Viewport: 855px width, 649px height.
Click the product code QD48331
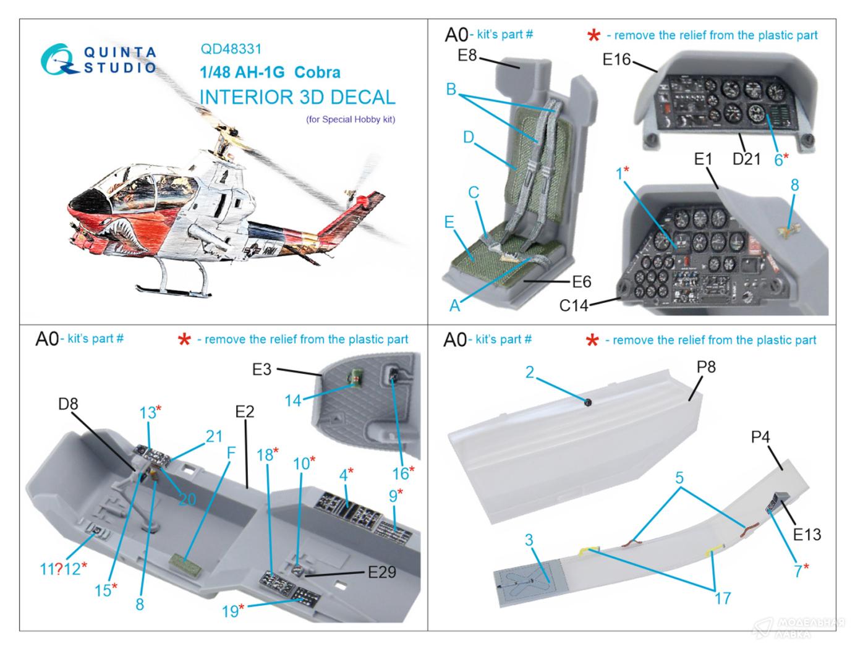[231, 49]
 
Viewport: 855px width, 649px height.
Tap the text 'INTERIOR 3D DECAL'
[297, 98]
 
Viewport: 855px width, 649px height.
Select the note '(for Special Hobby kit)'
[350, 119]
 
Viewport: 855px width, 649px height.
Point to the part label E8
[467, 56]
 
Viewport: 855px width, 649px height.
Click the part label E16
[616, 59]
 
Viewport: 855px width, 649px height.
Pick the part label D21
[746, 159]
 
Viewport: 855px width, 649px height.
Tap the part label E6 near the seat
[581, 282]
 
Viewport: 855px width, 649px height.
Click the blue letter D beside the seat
[468, 137]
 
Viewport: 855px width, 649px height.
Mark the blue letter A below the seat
[455, 305]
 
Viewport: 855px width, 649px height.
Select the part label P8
[706, 367]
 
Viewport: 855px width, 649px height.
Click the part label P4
[760, 437]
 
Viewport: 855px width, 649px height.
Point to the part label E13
[806, 533]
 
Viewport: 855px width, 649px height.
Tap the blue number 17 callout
[722, 598]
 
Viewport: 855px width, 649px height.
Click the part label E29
[382, 572]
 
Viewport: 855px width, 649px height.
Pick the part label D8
[68, 405]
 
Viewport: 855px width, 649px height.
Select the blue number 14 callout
[292, 401]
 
